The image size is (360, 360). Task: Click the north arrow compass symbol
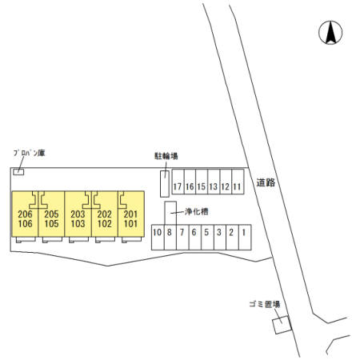coord(330,33)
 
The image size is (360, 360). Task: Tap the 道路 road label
coord(266,182)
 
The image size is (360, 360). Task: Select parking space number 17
coord(178,182)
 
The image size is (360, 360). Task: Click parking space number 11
coord(238,182)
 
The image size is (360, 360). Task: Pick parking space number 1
coord(245,238)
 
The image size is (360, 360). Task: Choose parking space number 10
coord(158,238)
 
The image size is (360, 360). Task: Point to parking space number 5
coord(207,238)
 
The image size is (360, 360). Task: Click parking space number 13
coord(214,182)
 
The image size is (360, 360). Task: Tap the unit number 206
coord(25,214)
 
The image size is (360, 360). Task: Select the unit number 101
coord(130,224)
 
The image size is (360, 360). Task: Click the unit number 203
coord(78,214)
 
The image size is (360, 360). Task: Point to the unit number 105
coord(51,224)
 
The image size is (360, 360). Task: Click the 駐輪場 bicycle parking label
coord(166,156)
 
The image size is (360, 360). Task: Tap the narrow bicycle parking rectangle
coord(165,184)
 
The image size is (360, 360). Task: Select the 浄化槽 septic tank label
coord(197,212)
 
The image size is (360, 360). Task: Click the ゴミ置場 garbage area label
coord(265,304)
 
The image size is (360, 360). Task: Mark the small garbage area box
coord(282,325)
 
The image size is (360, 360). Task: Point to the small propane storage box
coord(18,172)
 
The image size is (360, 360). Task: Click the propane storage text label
coord(30,153)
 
